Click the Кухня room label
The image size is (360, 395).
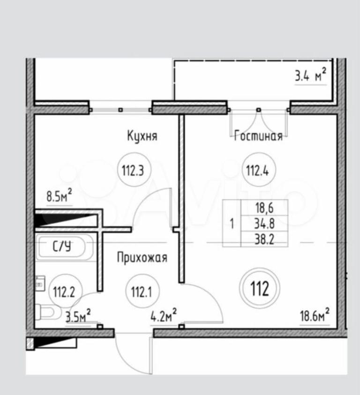(142, 136)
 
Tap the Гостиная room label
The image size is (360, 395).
(258, 136)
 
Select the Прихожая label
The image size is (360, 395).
(142, 257)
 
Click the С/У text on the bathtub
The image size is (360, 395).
(62, 246)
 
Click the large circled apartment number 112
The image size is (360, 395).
(260, 288)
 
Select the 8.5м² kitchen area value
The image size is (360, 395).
(59, 196)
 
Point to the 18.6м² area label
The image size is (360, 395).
(315, 315)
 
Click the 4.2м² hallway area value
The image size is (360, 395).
(164, 316)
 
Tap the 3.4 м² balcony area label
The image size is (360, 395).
(311, 75)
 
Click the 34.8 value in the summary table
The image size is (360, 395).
(264, 224)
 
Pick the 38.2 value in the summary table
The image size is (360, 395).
(264, 239)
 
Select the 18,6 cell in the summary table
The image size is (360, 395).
(264, 208)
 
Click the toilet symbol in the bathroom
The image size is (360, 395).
(46, 313)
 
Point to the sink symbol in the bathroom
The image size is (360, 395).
(40, 283)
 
